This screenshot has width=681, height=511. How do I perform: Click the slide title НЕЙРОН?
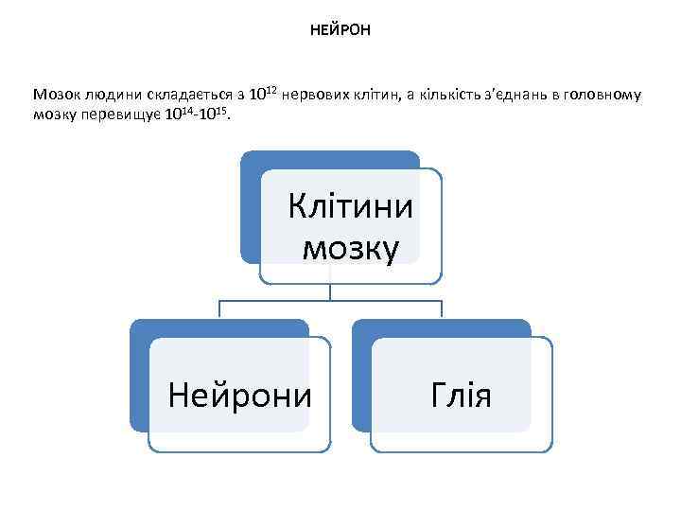pyautogui.click(x=340, y=30)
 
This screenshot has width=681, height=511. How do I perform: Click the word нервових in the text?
pyautogui.click(x=318, y=95)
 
